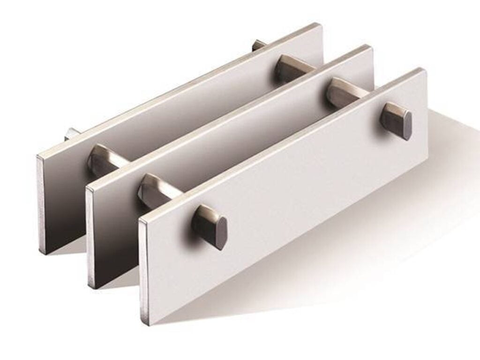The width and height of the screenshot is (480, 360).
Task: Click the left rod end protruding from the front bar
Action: coord(210,227)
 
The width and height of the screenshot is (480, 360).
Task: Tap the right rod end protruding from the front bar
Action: coord(397,121)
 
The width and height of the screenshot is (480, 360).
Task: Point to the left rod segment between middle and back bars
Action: coord(104,160)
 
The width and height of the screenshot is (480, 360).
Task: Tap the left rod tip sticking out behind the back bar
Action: coord(72,134)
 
